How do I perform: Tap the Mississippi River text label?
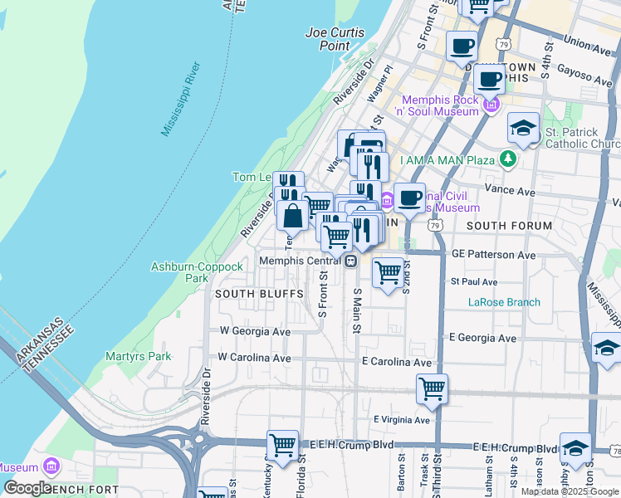(x=181, y=98)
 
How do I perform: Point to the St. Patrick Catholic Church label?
(x=582, y=138)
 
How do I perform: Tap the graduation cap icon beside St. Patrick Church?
(x=523, y=128)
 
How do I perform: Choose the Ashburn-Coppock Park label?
(x=196, y=272)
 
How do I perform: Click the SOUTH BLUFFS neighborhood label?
(x=248, y=294)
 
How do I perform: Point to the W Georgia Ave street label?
(x=255, y=331)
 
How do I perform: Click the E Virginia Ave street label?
(x=401, y=420)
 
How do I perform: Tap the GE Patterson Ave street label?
(x=494, y=255)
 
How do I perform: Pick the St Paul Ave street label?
(x=473, y=282)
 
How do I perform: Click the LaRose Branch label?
(x=504, y=302)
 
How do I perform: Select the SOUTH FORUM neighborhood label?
(x=509, y=226)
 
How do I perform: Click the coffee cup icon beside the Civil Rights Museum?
(x=409, y=198)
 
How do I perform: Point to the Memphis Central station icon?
(x=351, y=261)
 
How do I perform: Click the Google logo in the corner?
(x=27, y=488)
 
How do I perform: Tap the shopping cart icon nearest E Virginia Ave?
(x=432, y=388)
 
